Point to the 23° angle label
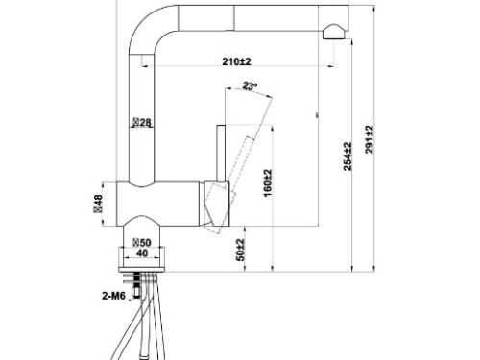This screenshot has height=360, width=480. [252, 86]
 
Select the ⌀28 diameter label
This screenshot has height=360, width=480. [142, 122]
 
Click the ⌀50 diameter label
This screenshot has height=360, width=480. [141, 242]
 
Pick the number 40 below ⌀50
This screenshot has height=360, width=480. [142, 254]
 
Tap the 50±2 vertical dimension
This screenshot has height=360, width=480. [242, 252]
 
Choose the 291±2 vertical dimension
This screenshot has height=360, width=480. [368, 140]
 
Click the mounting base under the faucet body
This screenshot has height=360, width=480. [142, 257]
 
